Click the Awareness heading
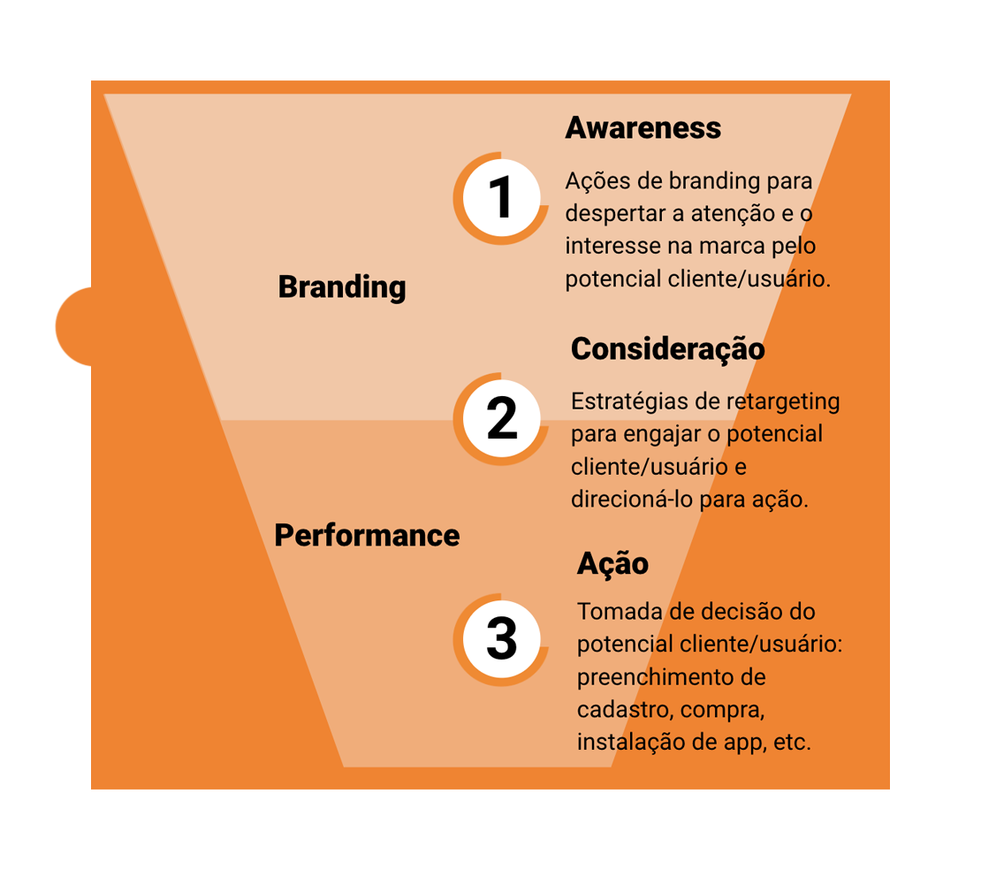(643, 127)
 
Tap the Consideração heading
(667, 349)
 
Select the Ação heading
(612, 564)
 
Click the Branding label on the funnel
(342, 287)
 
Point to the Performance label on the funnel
(368, 535)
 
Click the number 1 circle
(501, 198)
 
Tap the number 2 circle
(501, 418)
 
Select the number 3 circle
(501, 639)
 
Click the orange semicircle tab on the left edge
(74, 327)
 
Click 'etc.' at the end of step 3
(792, 743)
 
